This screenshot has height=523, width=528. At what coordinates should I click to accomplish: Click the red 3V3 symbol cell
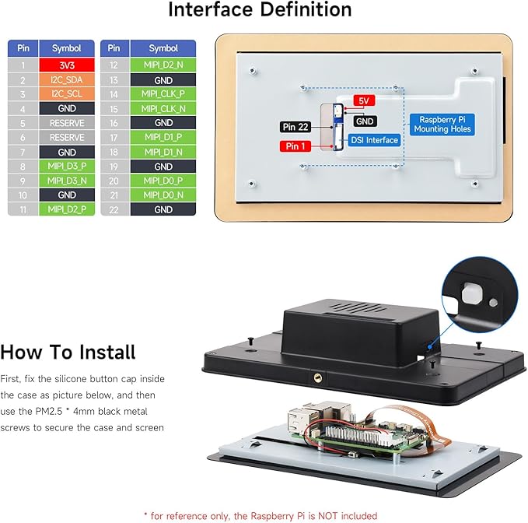pos(67,65)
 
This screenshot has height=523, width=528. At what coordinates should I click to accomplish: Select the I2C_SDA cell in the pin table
pos(67,80)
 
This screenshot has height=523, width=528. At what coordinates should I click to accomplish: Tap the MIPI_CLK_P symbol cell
pos(163,93)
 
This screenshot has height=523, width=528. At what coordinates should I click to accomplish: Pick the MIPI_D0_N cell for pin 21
pos(163,195)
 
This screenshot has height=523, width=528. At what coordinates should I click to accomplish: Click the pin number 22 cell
pos(114,209)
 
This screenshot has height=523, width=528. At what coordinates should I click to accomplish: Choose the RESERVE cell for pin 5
pos(67,123)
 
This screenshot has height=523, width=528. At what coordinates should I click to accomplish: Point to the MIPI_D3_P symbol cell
pos(67,166)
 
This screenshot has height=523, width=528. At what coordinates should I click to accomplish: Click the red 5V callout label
pos(364,100)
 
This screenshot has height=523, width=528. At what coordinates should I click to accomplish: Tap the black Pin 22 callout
pos(295,127)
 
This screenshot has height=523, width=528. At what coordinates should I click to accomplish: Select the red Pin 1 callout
pos(295,146)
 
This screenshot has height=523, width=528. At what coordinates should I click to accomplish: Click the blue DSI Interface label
pos(374,140)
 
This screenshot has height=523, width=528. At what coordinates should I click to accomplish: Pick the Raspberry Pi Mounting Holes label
pos(442,125)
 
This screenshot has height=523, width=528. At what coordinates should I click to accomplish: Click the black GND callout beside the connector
pos(365,121)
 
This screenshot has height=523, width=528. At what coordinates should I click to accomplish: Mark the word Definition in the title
pos(306,9)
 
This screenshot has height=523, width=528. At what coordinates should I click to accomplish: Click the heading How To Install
pos(68,352)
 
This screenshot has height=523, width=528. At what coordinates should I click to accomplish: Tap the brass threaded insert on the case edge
pos(317,377)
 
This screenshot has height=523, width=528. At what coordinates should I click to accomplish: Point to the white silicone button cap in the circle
pos(472,293)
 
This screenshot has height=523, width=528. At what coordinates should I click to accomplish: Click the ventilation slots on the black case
pos(358,307)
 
